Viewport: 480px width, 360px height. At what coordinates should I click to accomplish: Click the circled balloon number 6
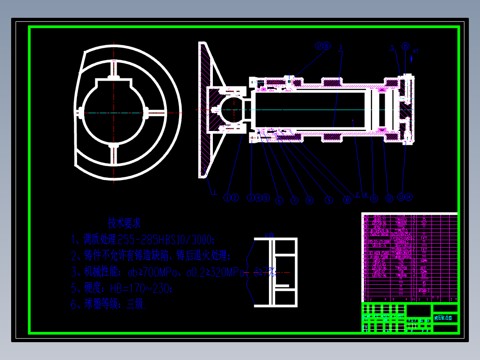click(279, 201)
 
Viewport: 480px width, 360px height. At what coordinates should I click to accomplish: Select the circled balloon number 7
click(294, 200)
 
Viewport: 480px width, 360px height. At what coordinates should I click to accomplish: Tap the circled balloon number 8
click(309, 200)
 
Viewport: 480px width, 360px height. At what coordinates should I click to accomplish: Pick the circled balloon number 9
click(329, 200)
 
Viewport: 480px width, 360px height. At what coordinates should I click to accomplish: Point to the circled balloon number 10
click(346, 200)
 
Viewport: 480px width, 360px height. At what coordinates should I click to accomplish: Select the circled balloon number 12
click(389, 198)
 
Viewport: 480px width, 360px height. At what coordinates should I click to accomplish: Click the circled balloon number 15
click(405, 46)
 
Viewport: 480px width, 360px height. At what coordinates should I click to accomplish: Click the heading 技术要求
click(124, 222)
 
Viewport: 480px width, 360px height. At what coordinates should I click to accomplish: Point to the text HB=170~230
click(140, 288)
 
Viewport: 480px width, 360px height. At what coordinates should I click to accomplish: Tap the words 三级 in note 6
click(134, 305)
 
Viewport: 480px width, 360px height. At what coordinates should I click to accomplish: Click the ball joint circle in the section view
click(231, 110)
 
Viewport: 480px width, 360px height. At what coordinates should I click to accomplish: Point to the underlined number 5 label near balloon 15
click(392, 47)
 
